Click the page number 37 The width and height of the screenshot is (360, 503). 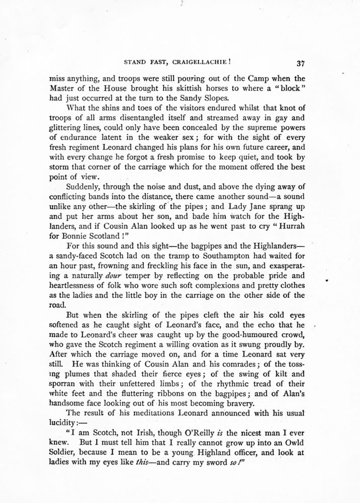point(302,63)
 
